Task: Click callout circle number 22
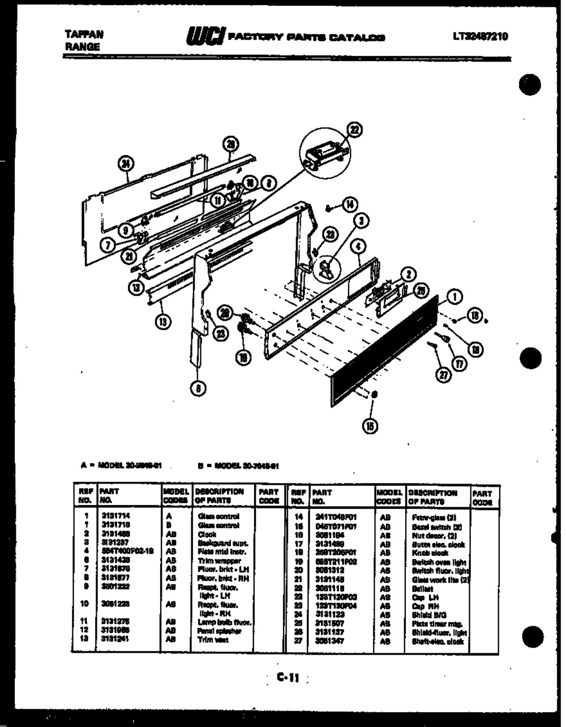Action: tap(354, 131)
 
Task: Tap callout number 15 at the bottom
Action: tap(371, 426)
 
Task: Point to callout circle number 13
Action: tap(162, 323)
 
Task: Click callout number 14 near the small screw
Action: tap(351, 204)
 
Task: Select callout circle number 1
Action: tap(456, 295)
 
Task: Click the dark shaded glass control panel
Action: tap(385, 351)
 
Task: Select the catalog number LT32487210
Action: tap(480, 37)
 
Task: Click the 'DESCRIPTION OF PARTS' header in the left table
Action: tap(221, 496)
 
